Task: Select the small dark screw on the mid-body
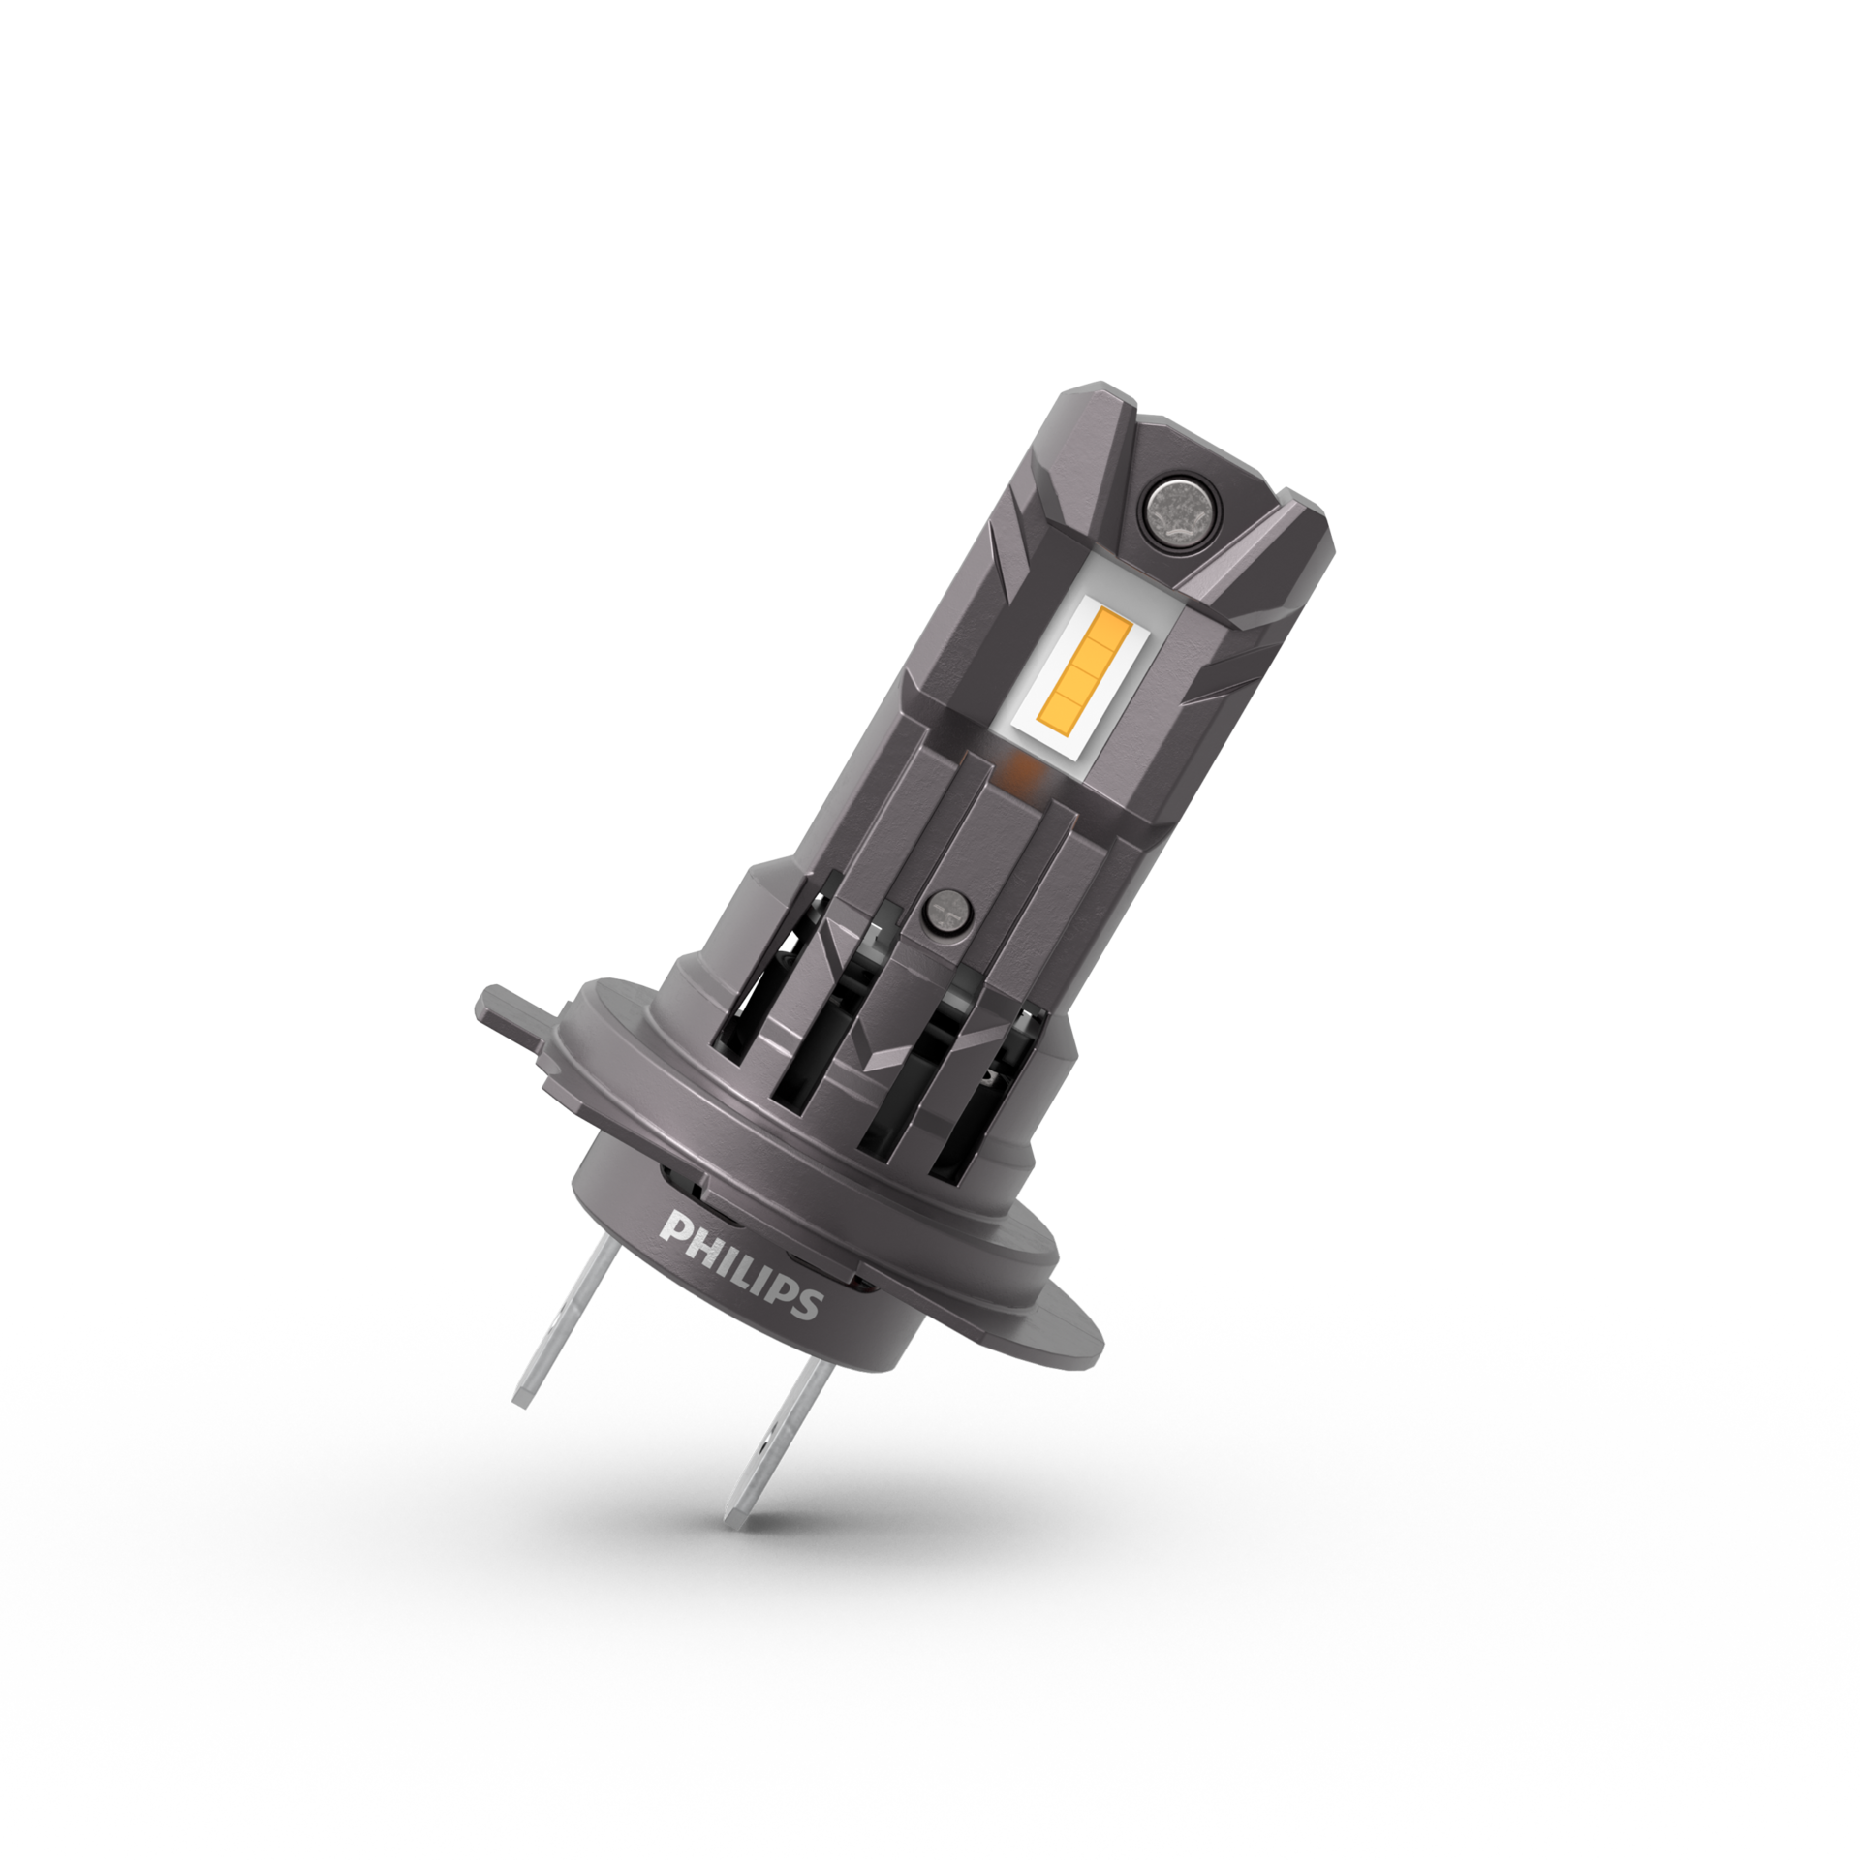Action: (x=947, y=908)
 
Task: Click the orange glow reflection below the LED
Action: (x=1017, y=772)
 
